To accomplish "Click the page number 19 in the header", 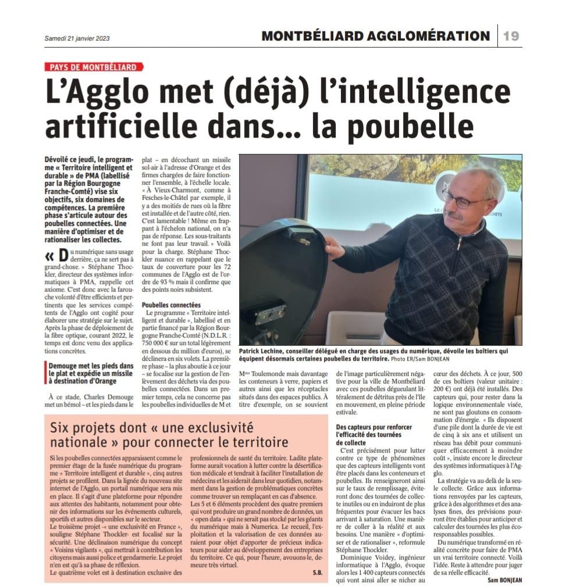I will click(x=511, y=36).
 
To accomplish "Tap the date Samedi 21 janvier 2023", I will click(x=77, y=38).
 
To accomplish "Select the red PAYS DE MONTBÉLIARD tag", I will click(x=93, y=67).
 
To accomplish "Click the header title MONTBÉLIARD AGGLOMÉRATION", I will click(x=375, y=36).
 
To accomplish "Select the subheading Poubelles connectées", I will click(x=172, y=305).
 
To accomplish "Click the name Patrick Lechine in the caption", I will click(x=261, y=351).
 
